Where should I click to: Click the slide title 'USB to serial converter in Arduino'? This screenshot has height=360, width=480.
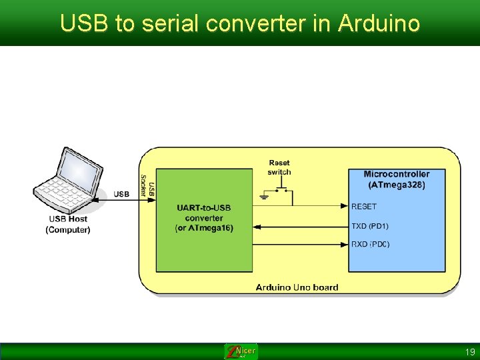click(240, 23)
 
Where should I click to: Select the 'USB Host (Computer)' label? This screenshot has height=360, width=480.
click(68, 224)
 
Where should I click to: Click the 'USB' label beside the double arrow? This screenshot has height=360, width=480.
click(121, 195)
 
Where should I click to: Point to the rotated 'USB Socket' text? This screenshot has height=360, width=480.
click(147, 185)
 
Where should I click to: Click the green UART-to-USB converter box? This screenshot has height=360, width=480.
click(205, 219)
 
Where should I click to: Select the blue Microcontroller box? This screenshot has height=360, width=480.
click(397, 220)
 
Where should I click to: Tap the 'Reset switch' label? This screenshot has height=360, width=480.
click(279, 167)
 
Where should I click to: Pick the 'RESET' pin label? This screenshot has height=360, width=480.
click(364, 207)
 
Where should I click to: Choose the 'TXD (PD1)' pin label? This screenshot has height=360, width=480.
click(370, 226)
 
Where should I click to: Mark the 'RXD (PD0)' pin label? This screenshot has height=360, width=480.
click(371, 245)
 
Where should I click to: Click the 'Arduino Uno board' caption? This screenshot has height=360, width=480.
click(297, 287)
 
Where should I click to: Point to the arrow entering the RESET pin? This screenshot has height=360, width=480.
click(320, 206)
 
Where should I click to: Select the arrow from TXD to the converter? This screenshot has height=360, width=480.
click(301, 227)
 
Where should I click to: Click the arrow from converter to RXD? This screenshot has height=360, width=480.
click(301, 245)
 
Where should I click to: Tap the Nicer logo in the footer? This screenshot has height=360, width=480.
click(241, 351)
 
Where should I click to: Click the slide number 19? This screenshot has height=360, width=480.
click(470, 351)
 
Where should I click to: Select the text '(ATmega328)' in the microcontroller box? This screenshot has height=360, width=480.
click(397, 185)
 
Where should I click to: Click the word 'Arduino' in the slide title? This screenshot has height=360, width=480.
click(379, 23)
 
